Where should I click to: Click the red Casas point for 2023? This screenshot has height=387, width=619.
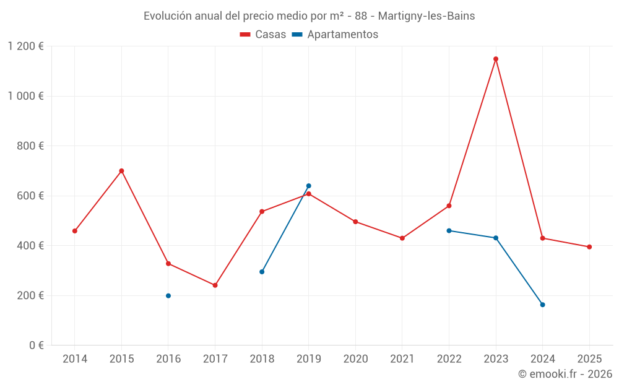[496, 59]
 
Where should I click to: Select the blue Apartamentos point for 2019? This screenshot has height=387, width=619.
[308, 186]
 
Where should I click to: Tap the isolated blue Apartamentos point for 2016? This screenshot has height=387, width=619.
[168, 296]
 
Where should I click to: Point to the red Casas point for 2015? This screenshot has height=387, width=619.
[121, 171]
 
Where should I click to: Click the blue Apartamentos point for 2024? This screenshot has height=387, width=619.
[542, 305]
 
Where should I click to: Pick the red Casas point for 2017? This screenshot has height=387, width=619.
[215, 285]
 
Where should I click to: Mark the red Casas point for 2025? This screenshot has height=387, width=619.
[589, 247]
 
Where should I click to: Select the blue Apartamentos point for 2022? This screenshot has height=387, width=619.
[449, 230]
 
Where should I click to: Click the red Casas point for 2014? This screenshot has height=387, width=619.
[75, 231]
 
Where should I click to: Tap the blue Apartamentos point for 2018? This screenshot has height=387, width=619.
[262, 272]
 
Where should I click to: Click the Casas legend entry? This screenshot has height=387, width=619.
[263, 35]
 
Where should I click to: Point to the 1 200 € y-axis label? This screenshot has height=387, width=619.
[26, 46]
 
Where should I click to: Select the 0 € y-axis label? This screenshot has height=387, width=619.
[37, 346]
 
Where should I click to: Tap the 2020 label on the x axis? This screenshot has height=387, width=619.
[355, 359]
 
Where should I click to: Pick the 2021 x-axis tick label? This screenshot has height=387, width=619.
[402, 359]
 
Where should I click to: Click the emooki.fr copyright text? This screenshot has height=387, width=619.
[565, 374]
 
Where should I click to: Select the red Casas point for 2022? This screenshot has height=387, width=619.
[449, 206]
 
